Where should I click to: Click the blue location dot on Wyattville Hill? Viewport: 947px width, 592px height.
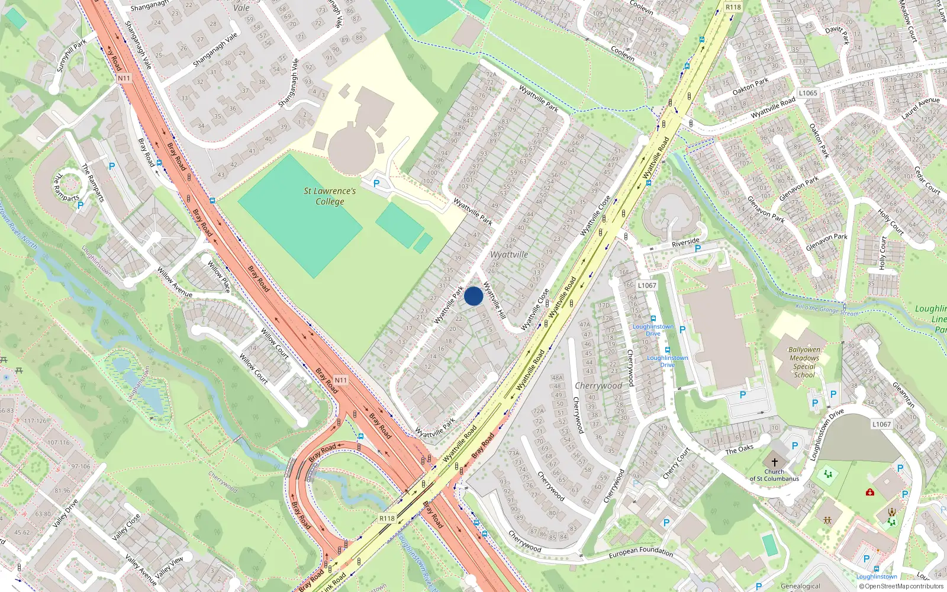[x=474, y=296]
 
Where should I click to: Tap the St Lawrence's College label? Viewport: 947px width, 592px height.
[x=330, y=196]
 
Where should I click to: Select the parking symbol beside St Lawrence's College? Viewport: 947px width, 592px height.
[x=376, y=184]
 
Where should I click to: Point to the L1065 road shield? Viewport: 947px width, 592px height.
[x=808, y=93]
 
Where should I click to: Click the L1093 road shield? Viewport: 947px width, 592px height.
[x=647, y=285]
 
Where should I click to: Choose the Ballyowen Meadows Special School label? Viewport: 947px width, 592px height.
[x=804, y=362]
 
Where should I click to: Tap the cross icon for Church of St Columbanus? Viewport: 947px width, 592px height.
[x=774, y=462]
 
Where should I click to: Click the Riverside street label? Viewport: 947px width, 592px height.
[x=685, y=243]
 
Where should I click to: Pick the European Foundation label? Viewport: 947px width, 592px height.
[x=641, y=552]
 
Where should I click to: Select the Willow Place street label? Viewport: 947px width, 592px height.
[x=218, y=277]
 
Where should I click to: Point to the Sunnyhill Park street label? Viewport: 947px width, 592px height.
[x=72, y=55]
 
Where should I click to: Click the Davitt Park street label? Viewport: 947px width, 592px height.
[x=838, y=35]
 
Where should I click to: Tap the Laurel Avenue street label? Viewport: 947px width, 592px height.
[x=920, y=108]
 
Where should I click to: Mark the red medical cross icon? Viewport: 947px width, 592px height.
[x=869, y=492]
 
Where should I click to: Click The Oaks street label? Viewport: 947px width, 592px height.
[x=739, y=449]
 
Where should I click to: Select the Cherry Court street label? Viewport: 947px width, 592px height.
[x=676, y=464]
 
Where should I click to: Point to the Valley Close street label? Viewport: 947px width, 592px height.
[x=126, y=527]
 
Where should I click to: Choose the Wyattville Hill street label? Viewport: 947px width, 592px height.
[x=494, y=300]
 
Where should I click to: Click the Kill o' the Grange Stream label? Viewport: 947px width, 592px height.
[x=827, y=310]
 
